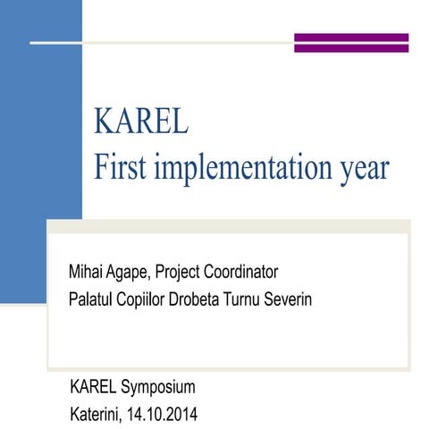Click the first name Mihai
click(86, 271)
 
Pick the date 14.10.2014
click(164, 414)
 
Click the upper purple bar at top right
click(351, 38)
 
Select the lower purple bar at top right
click(351, 50)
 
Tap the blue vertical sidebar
click(40, 134)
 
